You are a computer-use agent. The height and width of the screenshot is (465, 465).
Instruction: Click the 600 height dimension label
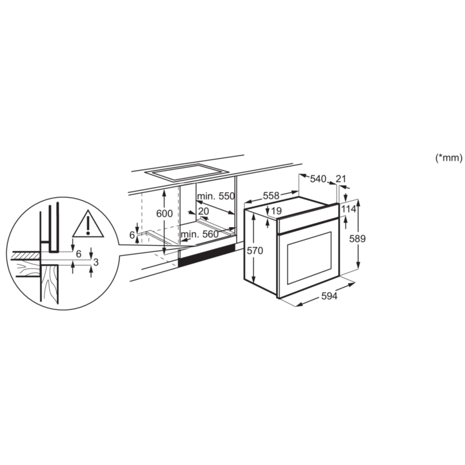pyautogui.click(x=164, y=213)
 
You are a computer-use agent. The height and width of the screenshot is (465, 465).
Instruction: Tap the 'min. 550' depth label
pyautogui.click(x=216, y=196)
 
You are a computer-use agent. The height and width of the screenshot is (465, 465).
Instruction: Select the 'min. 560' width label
pyautogui.click(x=199, y=234)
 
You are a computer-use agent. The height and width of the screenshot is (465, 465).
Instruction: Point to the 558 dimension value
pyautogui.click(x=271, y=196)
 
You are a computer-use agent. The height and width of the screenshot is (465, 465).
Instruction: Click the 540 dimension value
pyautogui.click(x=318, y=179)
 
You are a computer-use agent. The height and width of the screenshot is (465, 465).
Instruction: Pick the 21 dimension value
pyautogui.click(x=341, y=178)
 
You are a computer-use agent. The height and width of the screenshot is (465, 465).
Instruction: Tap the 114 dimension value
pyautogui.click(x=348, y=209)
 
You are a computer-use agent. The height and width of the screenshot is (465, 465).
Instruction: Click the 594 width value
pyautogui.click(x=329, y=296)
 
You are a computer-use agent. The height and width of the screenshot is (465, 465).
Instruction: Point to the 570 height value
pyautogui.click(x=255, y=250)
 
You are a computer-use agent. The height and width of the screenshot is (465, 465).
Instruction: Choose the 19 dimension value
pyautogui.click(x=276, y=211)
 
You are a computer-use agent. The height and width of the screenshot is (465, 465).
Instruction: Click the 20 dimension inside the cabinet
pyautogui.click(x=203, y=211)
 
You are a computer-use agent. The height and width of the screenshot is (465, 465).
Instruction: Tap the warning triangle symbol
pyautogui.click(x=88, y=225)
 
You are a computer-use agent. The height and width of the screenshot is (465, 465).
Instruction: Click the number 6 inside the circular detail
pyautogui.click(x=78, y=254)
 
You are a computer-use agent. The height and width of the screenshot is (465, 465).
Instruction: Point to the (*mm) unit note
pyautogui.click(x=449, y=158)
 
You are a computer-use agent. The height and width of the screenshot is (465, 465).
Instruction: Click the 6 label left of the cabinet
pyautogui.click(x=132, y=235)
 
